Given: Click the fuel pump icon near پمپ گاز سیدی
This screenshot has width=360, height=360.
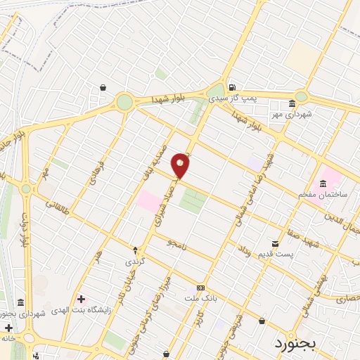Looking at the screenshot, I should pos(231,87).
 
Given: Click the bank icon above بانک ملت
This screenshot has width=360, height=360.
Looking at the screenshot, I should pos(201,288).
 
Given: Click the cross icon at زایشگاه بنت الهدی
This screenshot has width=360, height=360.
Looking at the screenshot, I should pos(82,300).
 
